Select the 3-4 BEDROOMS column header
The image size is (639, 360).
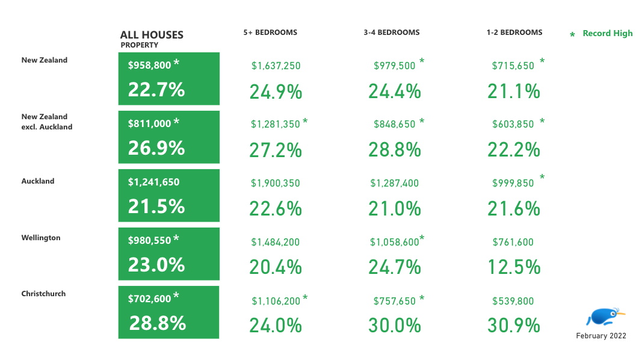[x=392, y=33]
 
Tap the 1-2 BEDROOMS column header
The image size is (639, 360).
[x=514, y=33]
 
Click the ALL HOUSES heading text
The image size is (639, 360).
[x=152, y=35]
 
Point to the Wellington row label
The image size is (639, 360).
[x=41, y=238]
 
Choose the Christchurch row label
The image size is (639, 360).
[x=43, y=294]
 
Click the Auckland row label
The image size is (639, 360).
[x=38, y=181]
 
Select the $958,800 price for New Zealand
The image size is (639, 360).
[x=149, y=66]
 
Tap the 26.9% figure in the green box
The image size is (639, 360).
[x=156, y=147]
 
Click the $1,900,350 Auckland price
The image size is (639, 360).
[x=276, y=183]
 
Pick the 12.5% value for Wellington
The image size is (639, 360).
[x=514, y=267]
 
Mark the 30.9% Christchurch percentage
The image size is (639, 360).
[x=514, y=325]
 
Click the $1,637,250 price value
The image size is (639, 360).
[x=276, y=66]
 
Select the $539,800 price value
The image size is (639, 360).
[x=513, y=301]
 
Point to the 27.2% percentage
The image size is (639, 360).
[x=276, y=150]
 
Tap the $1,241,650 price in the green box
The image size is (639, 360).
[x=153, y=182]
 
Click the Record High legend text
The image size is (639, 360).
[x=607, y=34]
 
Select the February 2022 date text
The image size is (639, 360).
[x=601, y=336]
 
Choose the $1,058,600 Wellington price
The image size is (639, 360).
[x=394, y=242]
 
